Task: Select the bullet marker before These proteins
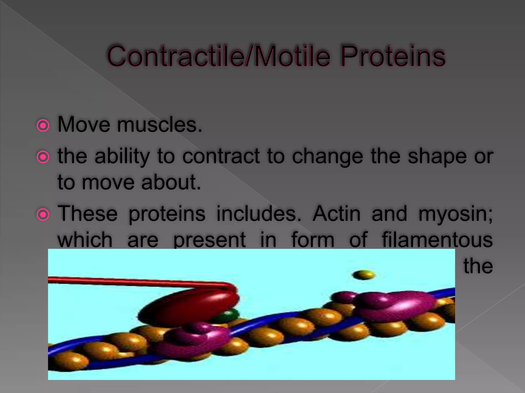click(43, 215)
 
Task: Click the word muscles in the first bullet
click(159, 125)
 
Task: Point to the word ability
click(122, 156)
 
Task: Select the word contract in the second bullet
click(221, 156)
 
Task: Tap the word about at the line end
click(171, 182)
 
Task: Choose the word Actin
click(336, 214)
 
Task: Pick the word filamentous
click(437, 240)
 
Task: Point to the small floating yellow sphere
click(364, 275)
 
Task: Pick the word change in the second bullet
click(328, 157)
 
